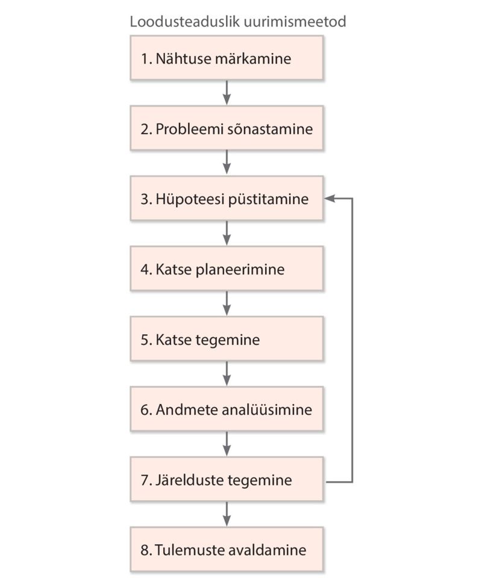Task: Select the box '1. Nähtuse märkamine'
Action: point(227,58)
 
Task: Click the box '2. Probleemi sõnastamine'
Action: point(227,128)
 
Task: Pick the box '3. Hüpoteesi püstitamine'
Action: point(227,198)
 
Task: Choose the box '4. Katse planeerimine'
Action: point(227,269)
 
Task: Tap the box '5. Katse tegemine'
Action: point(227,339)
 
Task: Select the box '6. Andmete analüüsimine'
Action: point(227,409)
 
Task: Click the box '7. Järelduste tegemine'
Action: point(227,479)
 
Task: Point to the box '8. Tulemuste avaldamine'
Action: point(227,549)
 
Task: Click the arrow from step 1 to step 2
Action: point(227,93)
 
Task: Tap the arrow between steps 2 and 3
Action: point(227,163)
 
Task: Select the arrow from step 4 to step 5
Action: point(227,303)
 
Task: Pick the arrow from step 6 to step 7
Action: point(227,444)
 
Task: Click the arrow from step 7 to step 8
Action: point(227,514)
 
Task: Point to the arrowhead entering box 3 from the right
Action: point(330,198)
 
